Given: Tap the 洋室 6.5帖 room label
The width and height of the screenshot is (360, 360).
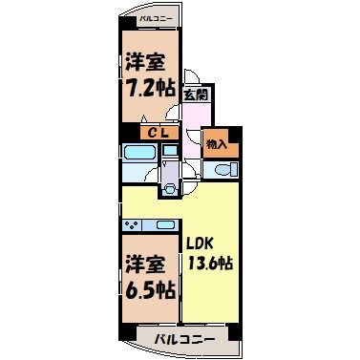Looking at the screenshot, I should [x=148, y=274].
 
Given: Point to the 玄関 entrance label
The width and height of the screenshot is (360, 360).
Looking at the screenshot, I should [x=195, y=95].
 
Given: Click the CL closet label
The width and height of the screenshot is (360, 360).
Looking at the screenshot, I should [x=158, y=134].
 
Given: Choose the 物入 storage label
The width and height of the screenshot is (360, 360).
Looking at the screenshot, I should [x=217, y=143].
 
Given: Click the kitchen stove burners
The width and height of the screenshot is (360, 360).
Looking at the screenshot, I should [x=134, y=225].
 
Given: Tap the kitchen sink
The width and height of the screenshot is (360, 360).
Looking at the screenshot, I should [x=165, y=225].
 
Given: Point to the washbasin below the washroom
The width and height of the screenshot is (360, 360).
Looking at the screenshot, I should [x=169, y=188].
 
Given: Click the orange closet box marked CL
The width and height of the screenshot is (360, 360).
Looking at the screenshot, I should [x=158, y=134].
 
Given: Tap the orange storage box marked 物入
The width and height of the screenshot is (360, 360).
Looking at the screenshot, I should [x=217, y=143].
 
